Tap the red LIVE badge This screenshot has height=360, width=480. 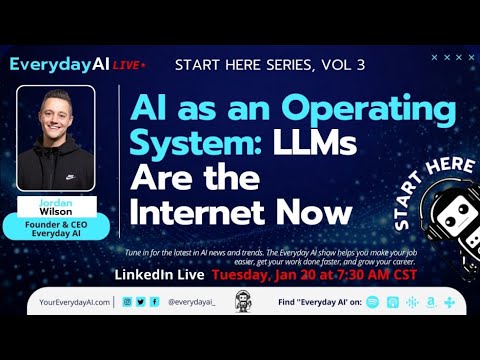(x=128, y=64)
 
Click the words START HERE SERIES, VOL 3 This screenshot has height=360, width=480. (x=269, y=66)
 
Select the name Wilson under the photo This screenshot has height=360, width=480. (x=56, y=209)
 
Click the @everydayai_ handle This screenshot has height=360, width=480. (x=192, y=301)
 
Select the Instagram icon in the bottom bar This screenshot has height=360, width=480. (x=127, y=301)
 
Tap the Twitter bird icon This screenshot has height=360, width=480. (x=141, y=301)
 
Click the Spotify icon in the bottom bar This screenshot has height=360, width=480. (x=373, y=301)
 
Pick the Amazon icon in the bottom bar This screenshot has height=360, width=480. (x=430, y=301)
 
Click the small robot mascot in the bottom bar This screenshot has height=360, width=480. (x=240, y=301)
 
